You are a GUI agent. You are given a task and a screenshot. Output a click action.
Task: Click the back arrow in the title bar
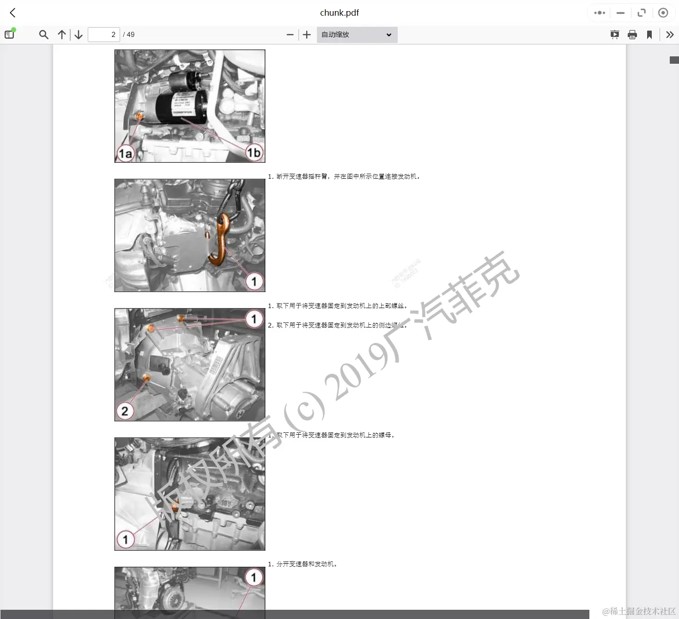click(x=12, y=13)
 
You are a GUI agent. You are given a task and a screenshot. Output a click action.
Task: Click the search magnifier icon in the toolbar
click(x=43, y=35)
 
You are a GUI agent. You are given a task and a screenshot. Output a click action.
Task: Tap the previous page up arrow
click(x=62, y=35)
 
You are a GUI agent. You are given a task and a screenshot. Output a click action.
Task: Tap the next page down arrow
click(x=79, y=35)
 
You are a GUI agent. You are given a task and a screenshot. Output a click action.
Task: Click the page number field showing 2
click(x=104, y=35)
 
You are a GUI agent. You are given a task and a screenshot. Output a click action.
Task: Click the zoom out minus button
click(x=290, y=35)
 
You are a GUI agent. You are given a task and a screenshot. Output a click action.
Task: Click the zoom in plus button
click(x=307, y=35)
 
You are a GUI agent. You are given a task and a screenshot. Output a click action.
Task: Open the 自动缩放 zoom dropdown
click(x=357, y=35)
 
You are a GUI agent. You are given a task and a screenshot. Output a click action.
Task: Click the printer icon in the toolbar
click(x=632, y=35)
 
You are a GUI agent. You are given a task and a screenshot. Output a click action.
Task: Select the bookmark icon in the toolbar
click(x=649, y=35)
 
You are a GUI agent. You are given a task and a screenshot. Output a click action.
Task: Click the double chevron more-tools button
click(x=670, y=35)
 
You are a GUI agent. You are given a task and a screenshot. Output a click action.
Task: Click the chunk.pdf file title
click(x=339, y=13)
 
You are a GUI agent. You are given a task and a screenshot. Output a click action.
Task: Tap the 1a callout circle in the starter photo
click(x=125, y=153)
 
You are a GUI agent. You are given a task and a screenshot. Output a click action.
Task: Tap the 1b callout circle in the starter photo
click(x=254, y=152)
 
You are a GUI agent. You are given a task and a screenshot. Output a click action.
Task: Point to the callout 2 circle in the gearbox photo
click(x=125, y=411)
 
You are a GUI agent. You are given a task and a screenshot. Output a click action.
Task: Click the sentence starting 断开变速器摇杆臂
click(x=344, y=176)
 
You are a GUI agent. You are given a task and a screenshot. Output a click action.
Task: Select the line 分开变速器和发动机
click(x=303, y=564)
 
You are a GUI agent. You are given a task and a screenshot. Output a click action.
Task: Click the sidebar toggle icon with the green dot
click(x=9, y=34)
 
